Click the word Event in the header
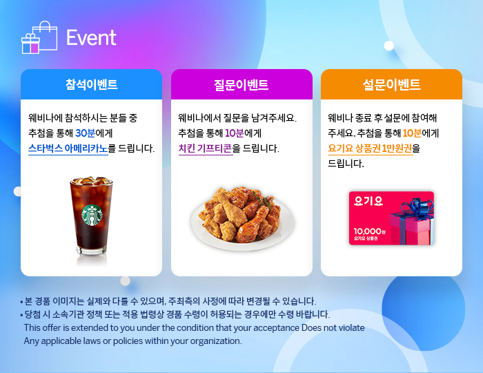point(91,37)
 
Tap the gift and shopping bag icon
point(39,37)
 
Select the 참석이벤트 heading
point(92,84)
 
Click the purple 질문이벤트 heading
point(241,84)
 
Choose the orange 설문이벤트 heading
point(391,84)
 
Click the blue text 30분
point(86,133)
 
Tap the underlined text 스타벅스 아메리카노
point(68,149)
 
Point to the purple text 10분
point(235,133)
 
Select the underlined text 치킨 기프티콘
point(206,149)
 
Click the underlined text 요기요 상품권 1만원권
point(371,149)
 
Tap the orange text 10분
point(412,133)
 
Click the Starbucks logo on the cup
point(92,216)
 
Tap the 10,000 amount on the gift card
point(368,231)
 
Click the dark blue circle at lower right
point(423,310)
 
